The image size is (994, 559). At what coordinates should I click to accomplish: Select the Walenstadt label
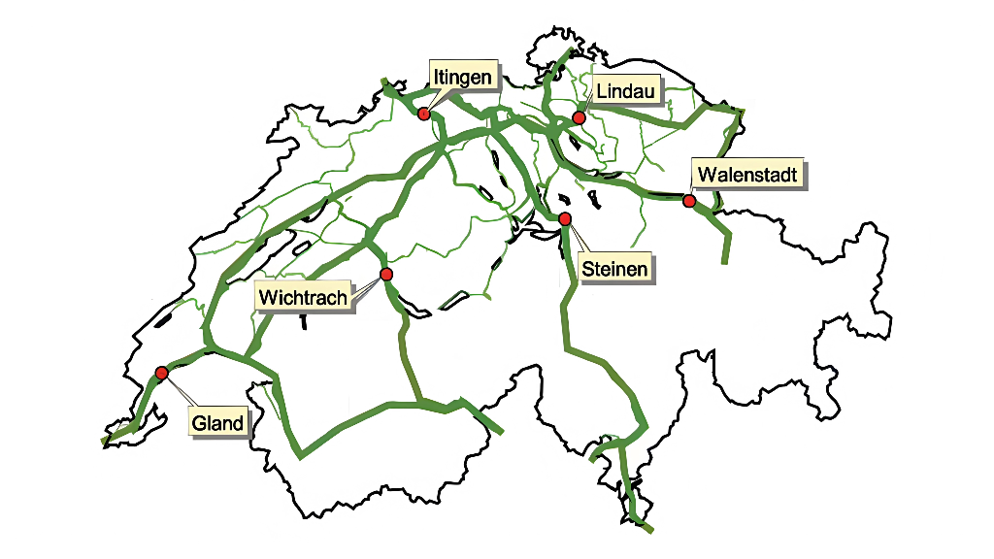[x=747, y=175]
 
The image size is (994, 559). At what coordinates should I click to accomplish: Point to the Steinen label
[x=613, y=268]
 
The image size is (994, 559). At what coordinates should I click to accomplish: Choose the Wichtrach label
[x=303, y=297]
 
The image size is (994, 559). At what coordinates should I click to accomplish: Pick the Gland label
[x=216, y=423]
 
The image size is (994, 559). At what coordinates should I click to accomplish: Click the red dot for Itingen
[x=423, y=114]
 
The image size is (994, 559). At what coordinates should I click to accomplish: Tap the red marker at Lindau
[x=579, y=117]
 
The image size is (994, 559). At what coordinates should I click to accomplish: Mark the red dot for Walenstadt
[x=689, y=201]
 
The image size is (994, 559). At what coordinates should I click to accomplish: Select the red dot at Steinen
[x=565, y=218]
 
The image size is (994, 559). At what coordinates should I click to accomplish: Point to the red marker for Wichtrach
[x=386, y=275]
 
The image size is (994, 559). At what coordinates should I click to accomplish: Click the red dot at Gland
[x=161, y=373]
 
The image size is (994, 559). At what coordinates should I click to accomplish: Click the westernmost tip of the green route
[x=102, y=443]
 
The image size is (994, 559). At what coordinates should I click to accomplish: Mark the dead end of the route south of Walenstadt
[x=724, y=262]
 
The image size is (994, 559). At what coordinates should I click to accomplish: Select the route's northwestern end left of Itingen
[x=384, y=81]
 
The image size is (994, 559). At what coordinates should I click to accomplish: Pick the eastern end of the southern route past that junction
[x=502, y=433]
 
